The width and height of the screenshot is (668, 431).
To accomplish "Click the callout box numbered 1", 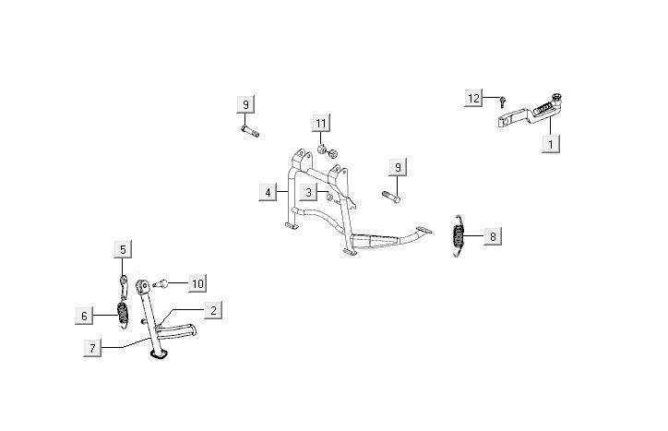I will (x=551, y=143).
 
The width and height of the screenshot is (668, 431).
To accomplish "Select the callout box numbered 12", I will (x=472, y=99).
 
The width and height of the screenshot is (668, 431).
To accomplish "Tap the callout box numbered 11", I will (x=319, y=123).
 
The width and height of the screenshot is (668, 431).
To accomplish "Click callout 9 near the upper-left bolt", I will (x=245, y=104).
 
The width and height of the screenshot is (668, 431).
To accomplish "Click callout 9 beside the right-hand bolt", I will (x=398, y=167).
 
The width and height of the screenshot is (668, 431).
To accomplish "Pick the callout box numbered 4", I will (x=268, y=192).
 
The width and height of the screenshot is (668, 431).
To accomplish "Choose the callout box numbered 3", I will (x=310, y=192).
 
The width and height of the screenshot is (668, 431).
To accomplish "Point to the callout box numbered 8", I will (x=493, y=237).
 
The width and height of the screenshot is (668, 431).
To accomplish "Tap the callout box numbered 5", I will (x=123, y=248).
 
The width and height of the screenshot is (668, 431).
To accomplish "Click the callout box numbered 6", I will (x=84, y=315).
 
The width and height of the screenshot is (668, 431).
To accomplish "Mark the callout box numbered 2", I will (x=212, y=311).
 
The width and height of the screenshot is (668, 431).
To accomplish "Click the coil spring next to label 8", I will (x=458, y=235).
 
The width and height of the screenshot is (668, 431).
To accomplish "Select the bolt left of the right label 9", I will (x=388, y=195).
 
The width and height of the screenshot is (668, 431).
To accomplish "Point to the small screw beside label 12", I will (x=504, y=101).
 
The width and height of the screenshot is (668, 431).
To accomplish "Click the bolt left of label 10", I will (x=161, y=281).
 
